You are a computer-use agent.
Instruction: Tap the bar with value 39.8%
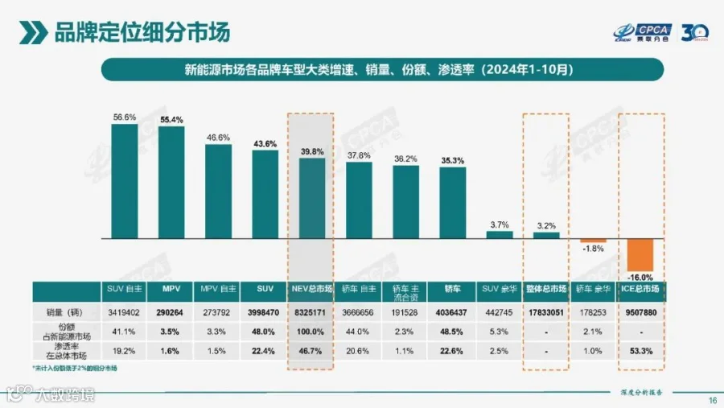312,198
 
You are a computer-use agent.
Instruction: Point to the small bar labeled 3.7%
499,235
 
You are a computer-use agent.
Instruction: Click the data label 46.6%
218,138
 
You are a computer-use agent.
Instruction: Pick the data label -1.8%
592,249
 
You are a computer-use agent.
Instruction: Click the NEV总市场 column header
312,288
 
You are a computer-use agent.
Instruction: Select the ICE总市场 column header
641,288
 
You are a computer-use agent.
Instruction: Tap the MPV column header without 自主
171,288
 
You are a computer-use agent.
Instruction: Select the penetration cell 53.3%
641,350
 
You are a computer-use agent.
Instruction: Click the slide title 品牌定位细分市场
141,33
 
